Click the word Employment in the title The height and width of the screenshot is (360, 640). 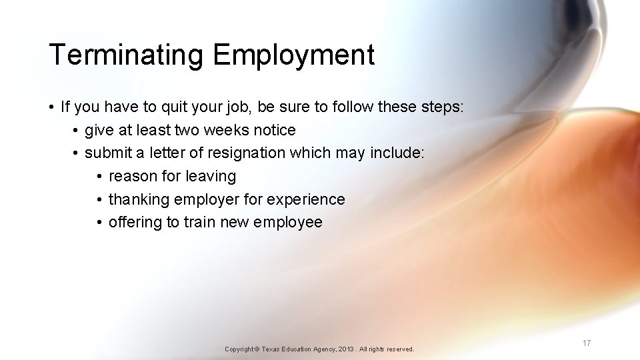point(294,55)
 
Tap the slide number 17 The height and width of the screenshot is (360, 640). point(587,343)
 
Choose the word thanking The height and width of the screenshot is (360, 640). point(139,199)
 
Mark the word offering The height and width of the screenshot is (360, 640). point(135,223)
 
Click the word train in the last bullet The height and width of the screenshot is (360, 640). point(200,223)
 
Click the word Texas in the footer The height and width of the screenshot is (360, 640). point(272,349)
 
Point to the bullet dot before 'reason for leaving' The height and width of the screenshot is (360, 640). point(99,177)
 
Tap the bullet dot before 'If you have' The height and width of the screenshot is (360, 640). point(51,107)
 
